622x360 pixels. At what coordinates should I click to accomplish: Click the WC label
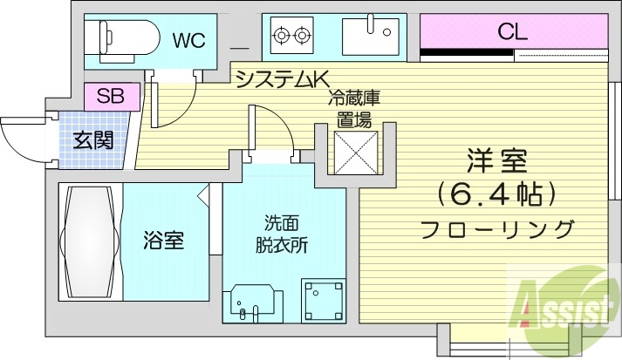pyautogui.click(x=188, y=40)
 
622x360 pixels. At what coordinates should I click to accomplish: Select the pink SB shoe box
pyautogui.click(x=111, y=96)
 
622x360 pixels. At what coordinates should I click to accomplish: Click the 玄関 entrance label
pyautogui.click(x=92, y=139)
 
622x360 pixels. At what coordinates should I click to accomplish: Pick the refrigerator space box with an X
pyautogui.click(x=355, y=152)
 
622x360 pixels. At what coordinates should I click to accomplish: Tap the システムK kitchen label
pyautogui.click(x=277, y=81)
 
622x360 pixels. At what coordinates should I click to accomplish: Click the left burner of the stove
pyautogui.click(x=283, y=36)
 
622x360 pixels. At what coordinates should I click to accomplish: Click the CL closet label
pyautogui.click(x=512, y=33)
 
